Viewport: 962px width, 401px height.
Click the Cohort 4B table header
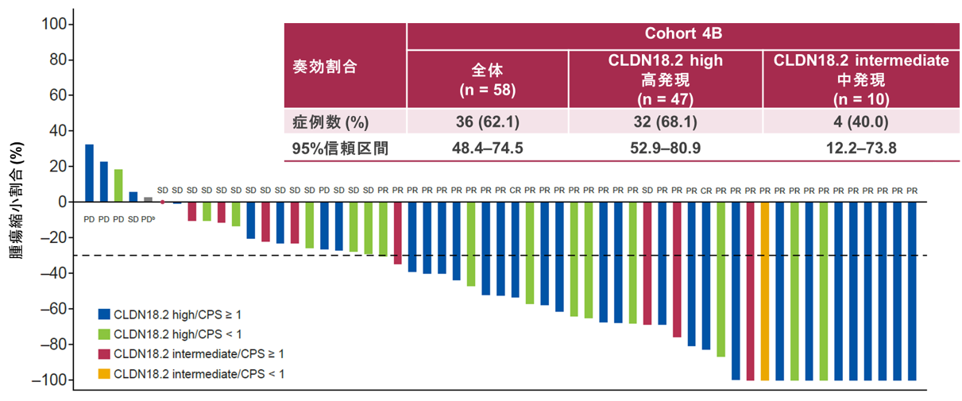tap(682, 35)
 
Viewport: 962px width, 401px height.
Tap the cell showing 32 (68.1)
tap(666, 122)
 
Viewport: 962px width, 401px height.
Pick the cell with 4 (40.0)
tap(861, 122)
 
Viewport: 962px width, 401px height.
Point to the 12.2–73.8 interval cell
tap(861, 148)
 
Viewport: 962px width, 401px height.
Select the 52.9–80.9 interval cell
tap(666, 148)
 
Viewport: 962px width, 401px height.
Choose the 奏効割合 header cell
tap(326, 67)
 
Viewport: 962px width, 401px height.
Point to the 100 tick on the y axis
tap(52, 24)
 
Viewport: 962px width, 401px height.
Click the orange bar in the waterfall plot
tap(765, 291)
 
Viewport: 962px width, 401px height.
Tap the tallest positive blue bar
tap(89, 173)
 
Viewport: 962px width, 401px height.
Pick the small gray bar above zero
tap(148, 199)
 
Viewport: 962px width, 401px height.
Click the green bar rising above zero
tap(118, 186)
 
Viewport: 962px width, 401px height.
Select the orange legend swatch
tap(104, 374)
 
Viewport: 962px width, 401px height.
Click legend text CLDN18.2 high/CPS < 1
tap(178, 334)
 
